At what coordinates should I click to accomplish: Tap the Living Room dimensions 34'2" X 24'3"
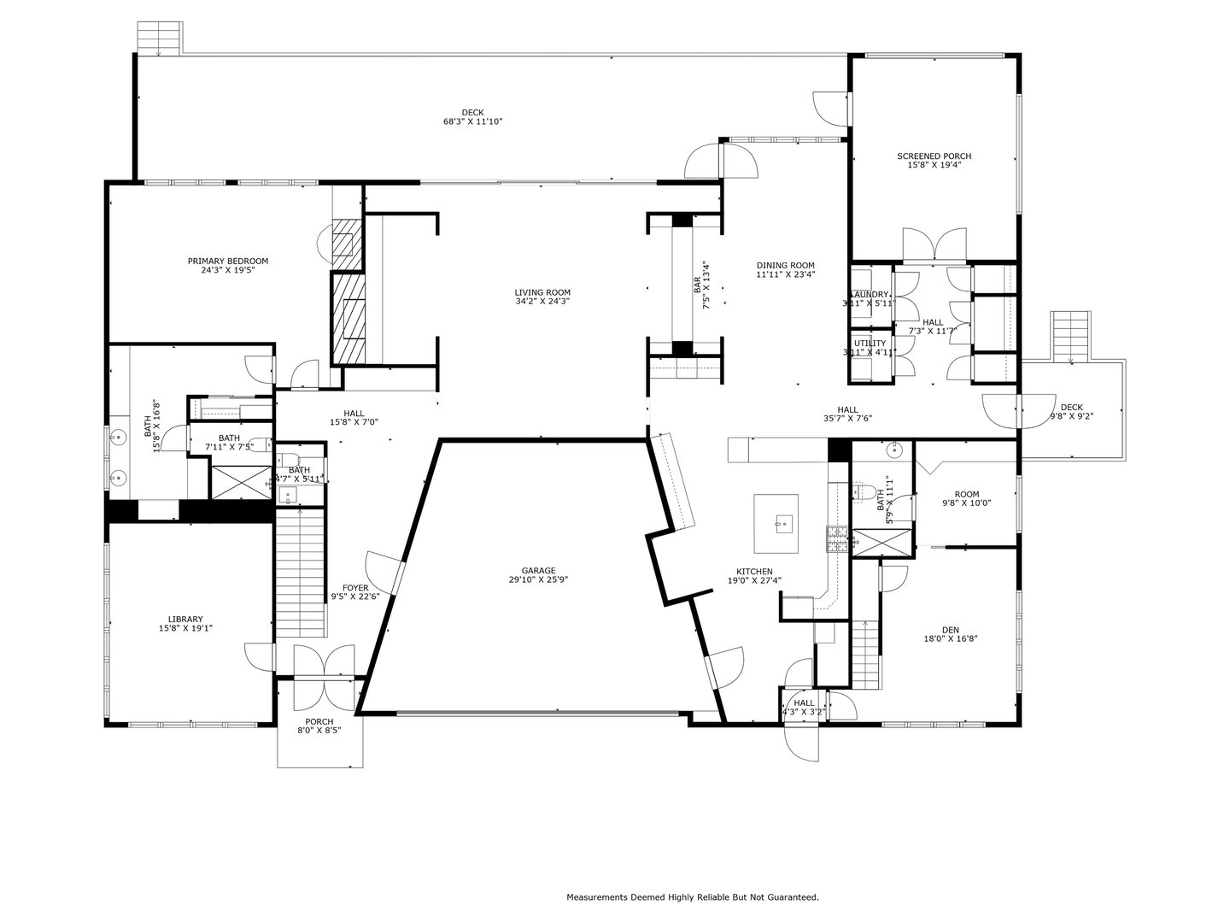tap(542, 302)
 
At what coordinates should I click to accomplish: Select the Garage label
tap(539, 571)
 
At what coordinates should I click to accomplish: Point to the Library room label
tap(185, 619)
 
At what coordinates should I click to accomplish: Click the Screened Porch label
tap(934, 156)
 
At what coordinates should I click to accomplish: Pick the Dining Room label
tap(785, 265)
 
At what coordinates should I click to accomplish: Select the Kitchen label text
tap(754, 572)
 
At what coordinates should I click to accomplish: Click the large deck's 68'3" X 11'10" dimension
tap(472, 122)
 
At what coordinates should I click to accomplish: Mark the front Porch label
tap(319, 722)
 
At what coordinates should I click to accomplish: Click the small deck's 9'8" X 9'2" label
tap(1071, 417)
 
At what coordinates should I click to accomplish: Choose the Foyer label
tap(355, 588)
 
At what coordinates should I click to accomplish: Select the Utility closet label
tap(870, 344)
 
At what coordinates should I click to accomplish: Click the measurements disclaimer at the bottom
tap(693, 897)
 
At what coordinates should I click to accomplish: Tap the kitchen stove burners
tap(836, 539)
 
